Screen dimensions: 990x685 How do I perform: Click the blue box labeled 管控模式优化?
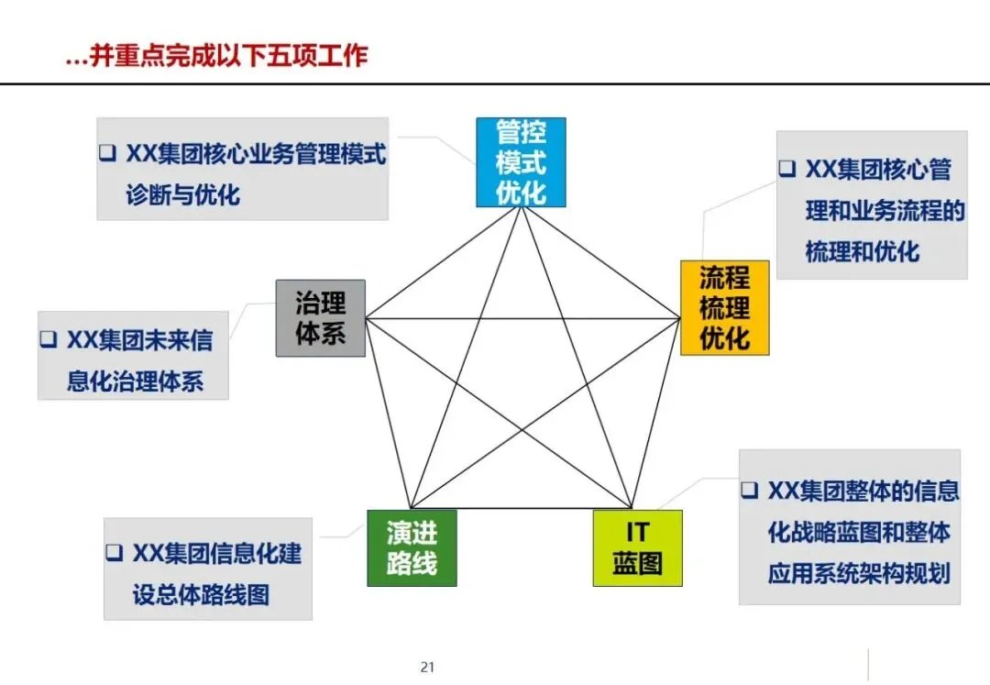[x=521, y=162]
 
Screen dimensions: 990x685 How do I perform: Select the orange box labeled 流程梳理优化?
[x=724, y=307]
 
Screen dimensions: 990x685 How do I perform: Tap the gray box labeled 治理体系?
[x=321, y=317]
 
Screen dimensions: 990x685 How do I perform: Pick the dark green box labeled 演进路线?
[x=412, y=547]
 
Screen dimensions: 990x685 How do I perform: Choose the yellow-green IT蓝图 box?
[x=637, y=547]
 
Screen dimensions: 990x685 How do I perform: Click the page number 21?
[x=426, y=667]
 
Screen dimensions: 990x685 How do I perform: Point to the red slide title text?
[x=217, y=55]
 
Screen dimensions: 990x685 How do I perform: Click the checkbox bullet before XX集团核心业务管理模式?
[x=107, y=152]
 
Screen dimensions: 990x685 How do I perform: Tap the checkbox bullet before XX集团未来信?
[x=48, y=339]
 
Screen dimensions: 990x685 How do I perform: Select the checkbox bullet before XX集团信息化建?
[x=114, y=553]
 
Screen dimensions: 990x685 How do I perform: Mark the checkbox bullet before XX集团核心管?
[x=786, y=169]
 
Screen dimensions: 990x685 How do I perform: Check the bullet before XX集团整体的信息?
[x=749, y=490]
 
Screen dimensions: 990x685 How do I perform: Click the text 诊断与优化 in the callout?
[x=182, y=194]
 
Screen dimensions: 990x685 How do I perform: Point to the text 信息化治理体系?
[x=135, y=381]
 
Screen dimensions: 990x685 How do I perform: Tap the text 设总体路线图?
[x=201, y=594]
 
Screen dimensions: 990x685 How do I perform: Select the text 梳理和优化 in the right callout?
[x=862, y=251]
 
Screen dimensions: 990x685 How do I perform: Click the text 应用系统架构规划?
[x=858, y=573]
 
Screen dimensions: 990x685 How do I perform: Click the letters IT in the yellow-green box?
[x=637, y=532]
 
